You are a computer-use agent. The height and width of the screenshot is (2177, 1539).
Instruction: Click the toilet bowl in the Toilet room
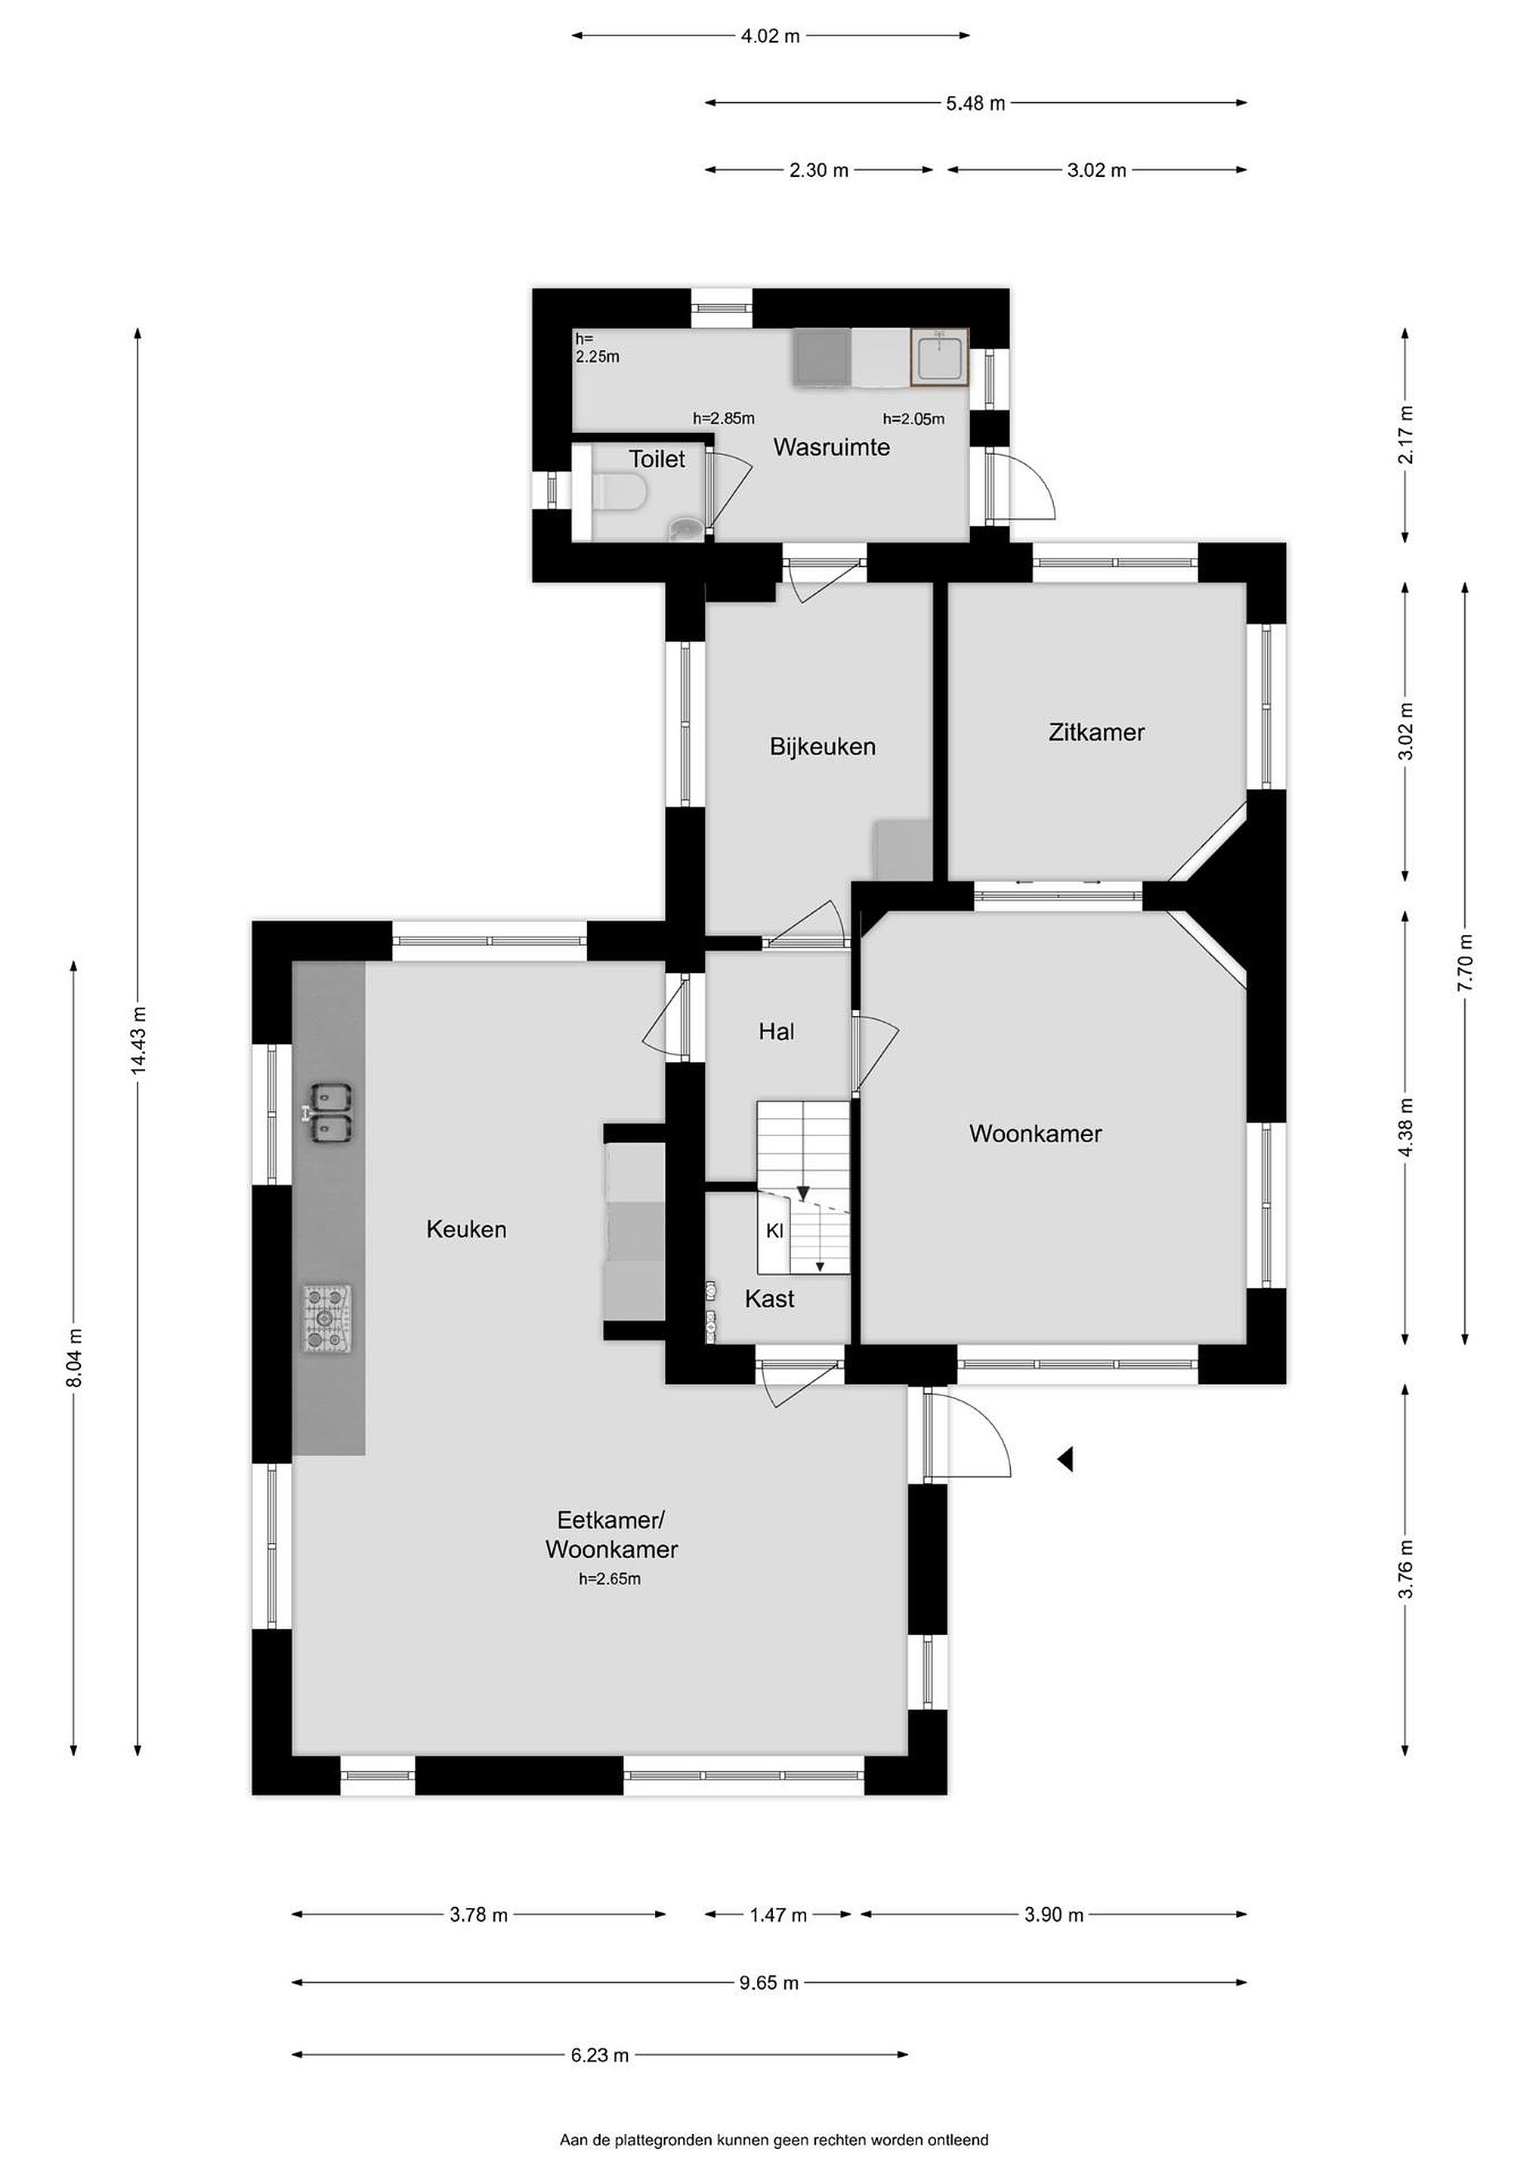point(618,493)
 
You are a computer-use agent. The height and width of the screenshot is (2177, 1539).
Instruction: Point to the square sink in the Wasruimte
point(940,358)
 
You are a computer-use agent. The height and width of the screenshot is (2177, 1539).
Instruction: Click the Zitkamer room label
point(1096,732)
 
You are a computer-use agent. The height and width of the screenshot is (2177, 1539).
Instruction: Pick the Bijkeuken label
point(823,746)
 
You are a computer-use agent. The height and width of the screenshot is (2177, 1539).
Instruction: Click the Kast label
point(769,1298)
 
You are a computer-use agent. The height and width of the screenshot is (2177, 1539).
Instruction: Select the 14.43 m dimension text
point(138,1040)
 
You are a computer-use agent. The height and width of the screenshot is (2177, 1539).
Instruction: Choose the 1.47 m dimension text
point(778,1915)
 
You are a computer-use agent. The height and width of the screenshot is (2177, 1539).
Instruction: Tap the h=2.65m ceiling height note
point(610,1579)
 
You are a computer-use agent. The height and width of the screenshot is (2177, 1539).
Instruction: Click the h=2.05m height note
point(913,419)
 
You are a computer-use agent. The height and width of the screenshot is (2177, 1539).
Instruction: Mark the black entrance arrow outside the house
point(1065,1459)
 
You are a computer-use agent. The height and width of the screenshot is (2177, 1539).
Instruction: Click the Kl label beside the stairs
point(775,1231)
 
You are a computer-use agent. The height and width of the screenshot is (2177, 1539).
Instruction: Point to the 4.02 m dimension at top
point(771,36)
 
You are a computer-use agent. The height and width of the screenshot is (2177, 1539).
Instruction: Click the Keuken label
point(466,1229)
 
